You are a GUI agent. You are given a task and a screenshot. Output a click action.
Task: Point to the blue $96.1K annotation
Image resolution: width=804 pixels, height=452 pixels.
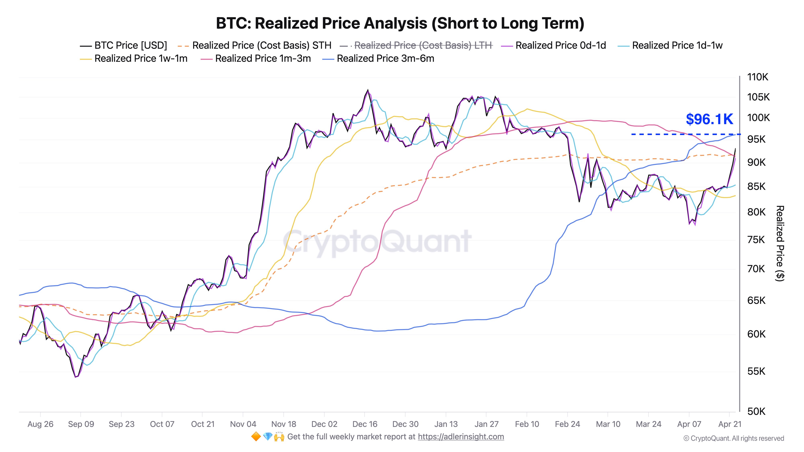(x=709, y=119)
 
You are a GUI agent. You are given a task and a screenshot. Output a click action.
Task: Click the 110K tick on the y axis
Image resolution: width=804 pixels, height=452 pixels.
(x=758, y=77)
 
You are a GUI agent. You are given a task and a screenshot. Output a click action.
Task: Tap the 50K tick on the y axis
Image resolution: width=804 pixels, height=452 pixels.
(x=756, y=412)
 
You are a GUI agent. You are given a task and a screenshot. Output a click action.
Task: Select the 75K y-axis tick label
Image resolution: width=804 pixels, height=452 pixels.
(x=756, y=240)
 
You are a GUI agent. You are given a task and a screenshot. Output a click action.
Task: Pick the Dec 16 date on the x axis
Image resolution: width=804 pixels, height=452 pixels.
(x=365, y=424)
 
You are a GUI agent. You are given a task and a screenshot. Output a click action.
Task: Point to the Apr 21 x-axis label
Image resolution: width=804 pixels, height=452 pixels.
(x=729, y=424)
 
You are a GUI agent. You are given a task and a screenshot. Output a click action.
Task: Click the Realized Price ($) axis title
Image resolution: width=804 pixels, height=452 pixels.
(x=780, y=243)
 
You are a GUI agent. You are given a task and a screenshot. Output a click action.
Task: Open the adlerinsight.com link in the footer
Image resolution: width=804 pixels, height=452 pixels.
(x=461, y=437)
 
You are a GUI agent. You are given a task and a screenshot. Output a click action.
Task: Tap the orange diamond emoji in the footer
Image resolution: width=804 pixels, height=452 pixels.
(x=256, y=437)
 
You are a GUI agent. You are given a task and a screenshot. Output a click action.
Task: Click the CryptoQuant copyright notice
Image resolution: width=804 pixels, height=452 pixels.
(x=733, y=439)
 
